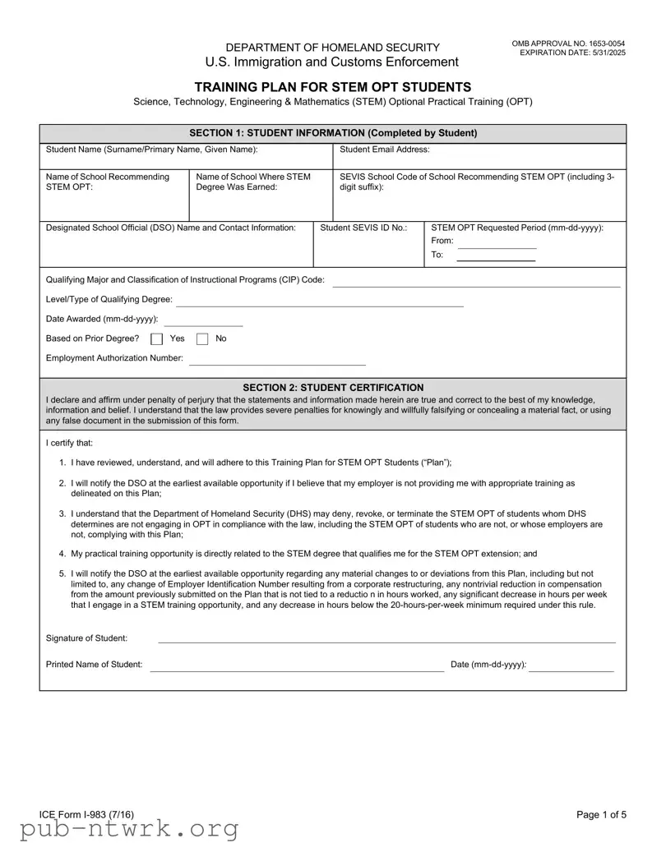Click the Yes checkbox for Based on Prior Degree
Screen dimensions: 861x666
click(x=156, y=338)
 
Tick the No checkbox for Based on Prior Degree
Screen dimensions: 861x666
click(x=202, y=338)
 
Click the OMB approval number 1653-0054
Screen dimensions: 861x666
click(x=568, y=43)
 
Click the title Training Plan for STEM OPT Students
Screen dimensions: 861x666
click(x=332, y=87)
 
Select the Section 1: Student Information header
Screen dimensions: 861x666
click(x=332, y=133)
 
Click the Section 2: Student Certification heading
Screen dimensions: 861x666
click(x=332, y=387)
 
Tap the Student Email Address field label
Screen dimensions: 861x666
click(x=384, y=150)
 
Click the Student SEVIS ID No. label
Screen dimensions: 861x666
click(x=363, y=228)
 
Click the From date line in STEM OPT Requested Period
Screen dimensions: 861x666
click(x=496, y=246)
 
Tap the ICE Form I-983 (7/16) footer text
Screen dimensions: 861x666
click(x=86, y=814)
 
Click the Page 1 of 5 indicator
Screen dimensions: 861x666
click(x=601, y=814)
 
